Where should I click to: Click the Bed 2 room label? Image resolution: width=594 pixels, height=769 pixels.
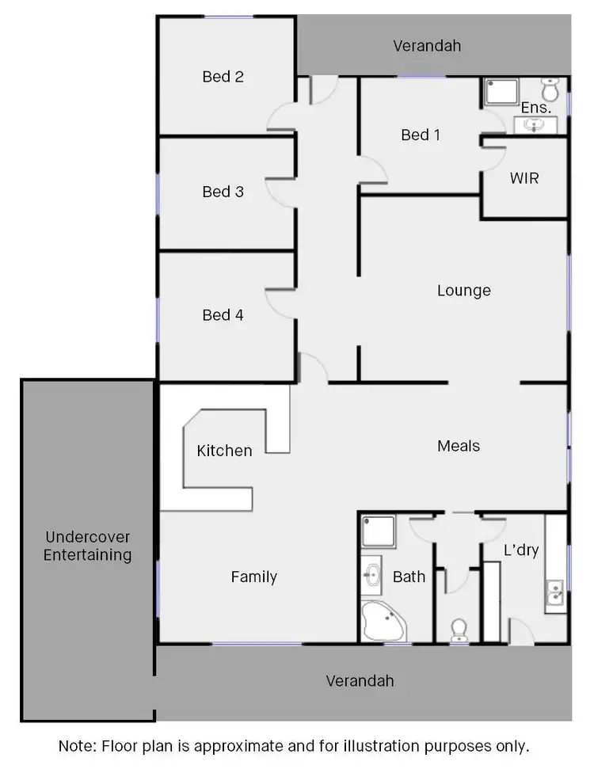click(223, 77)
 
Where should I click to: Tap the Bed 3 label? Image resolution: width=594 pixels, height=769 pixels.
click(223, 192)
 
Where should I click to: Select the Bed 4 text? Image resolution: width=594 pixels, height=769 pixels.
click(223, 315)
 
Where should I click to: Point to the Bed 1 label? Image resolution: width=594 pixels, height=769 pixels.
click(421, 135)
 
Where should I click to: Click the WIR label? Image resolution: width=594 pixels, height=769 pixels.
click(524, 178)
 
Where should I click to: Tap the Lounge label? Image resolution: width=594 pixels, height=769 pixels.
click(464, 291)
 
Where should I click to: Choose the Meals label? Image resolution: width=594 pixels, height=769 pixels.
click(459, 446)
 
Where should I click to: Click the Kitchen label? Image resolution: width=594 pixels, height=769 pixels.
click(224, 451)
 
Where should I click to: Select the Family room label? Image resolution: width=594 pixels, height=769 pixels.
click(254, 577)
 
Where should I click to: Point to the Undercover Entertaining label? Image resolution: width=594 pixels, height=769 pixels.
click(87, 546)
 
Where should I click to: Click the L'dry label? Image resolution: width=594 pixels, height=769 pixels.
click(521, 550)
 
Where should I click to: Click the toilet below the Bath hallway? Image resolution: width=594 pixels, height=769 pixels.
click(459, 630)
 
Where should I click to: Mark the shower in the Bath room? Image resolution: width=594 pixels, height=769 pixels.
click(379, 532)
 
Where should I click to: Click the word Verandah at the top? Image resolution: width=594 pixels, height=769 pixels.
click(427, 46)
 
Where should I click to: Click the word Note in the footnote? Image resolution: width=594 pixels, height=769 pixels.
click(78, 746)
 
